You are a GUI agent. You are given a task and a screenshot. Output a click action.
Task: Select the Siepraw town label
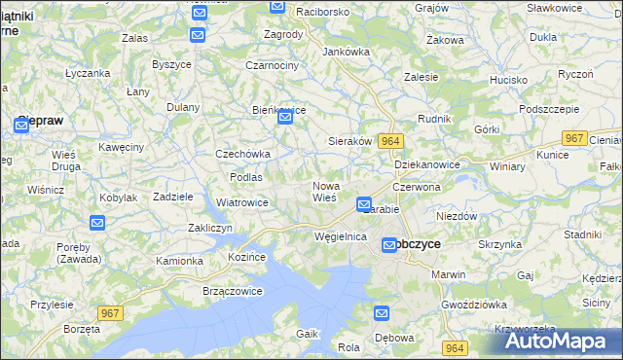tap(40, 123)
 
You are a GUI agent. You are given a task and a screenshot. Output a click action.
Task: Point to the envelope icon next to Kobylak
tap(96, 223)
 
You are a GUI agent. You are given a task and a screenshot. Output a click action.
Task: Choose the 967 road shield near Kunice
tap(575, 138)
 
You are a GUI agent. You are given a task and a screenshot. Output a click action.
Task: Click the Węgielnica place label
tap(340, 236)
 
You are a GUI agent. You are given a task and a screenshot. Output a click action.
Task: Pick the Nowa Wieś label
tap(324, 191)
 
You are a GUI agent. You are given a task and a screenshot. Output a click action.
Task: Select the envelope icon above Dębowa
tap(382, 313)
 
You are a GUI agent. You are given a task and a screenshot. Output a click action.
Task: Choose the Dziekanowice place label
tap(427, 165)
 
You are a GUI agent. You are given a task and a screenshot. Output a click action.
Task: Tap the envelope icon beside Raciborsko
tap(277, 7)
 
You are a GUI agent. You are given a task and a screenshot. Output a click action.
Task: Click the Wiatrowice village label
tap(241, 202)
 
